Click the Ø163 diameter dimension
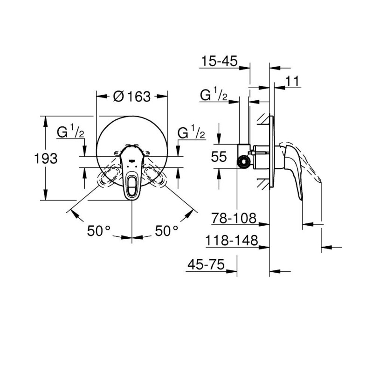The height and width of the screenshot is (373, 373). coord(132,97)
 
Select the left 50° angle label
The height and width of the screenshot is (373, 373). coord(99,230)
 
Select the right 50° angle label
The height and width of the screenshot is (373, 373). coord(166,230)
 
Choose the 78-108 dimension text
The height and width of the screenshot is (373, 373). coord(234,217)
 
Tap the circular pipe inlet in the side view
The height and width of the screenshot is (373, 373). coord(242,161)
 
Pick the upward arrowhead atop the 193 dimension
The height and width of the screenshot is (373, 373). coord(46,120)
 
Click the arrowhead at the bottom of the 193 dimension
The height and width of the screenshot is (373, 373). coord(46,197)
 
